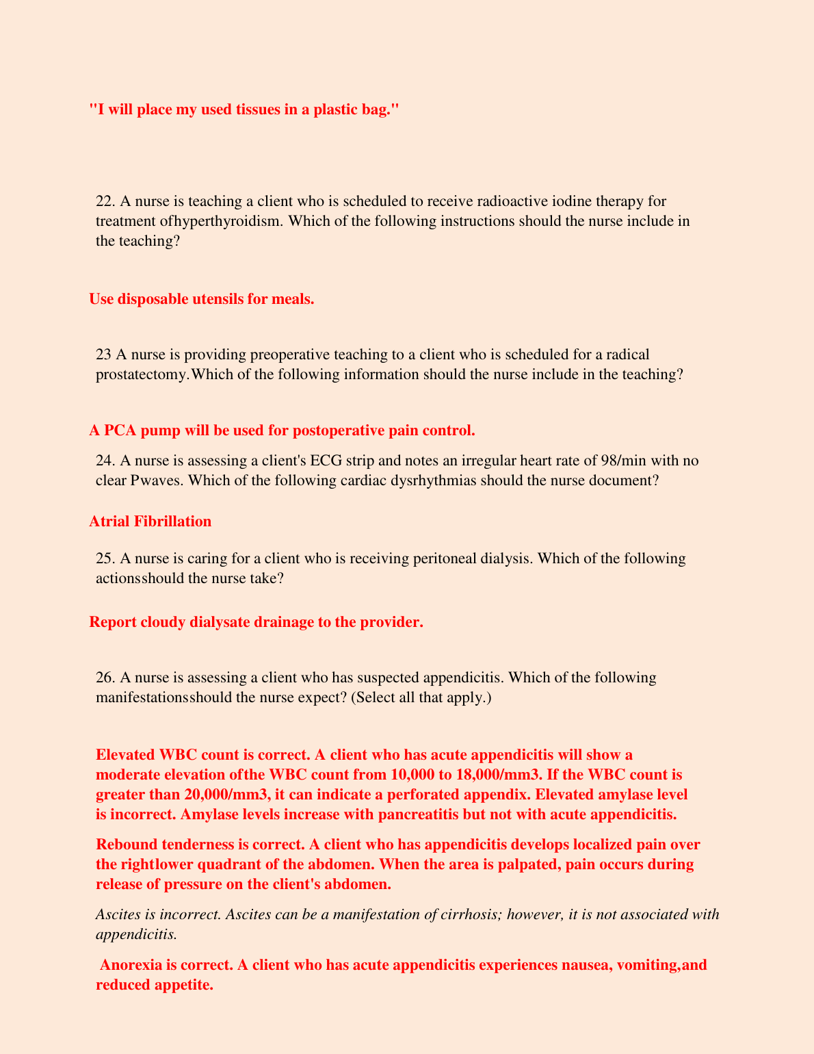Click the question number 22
[105, 201]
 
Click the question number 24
[105, 460]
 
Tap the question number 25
[105, 558]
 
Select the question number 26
[105, 678]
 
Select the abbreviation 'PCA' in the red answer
[120, 430]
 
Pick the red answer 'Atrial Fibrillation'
[150, 522]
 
